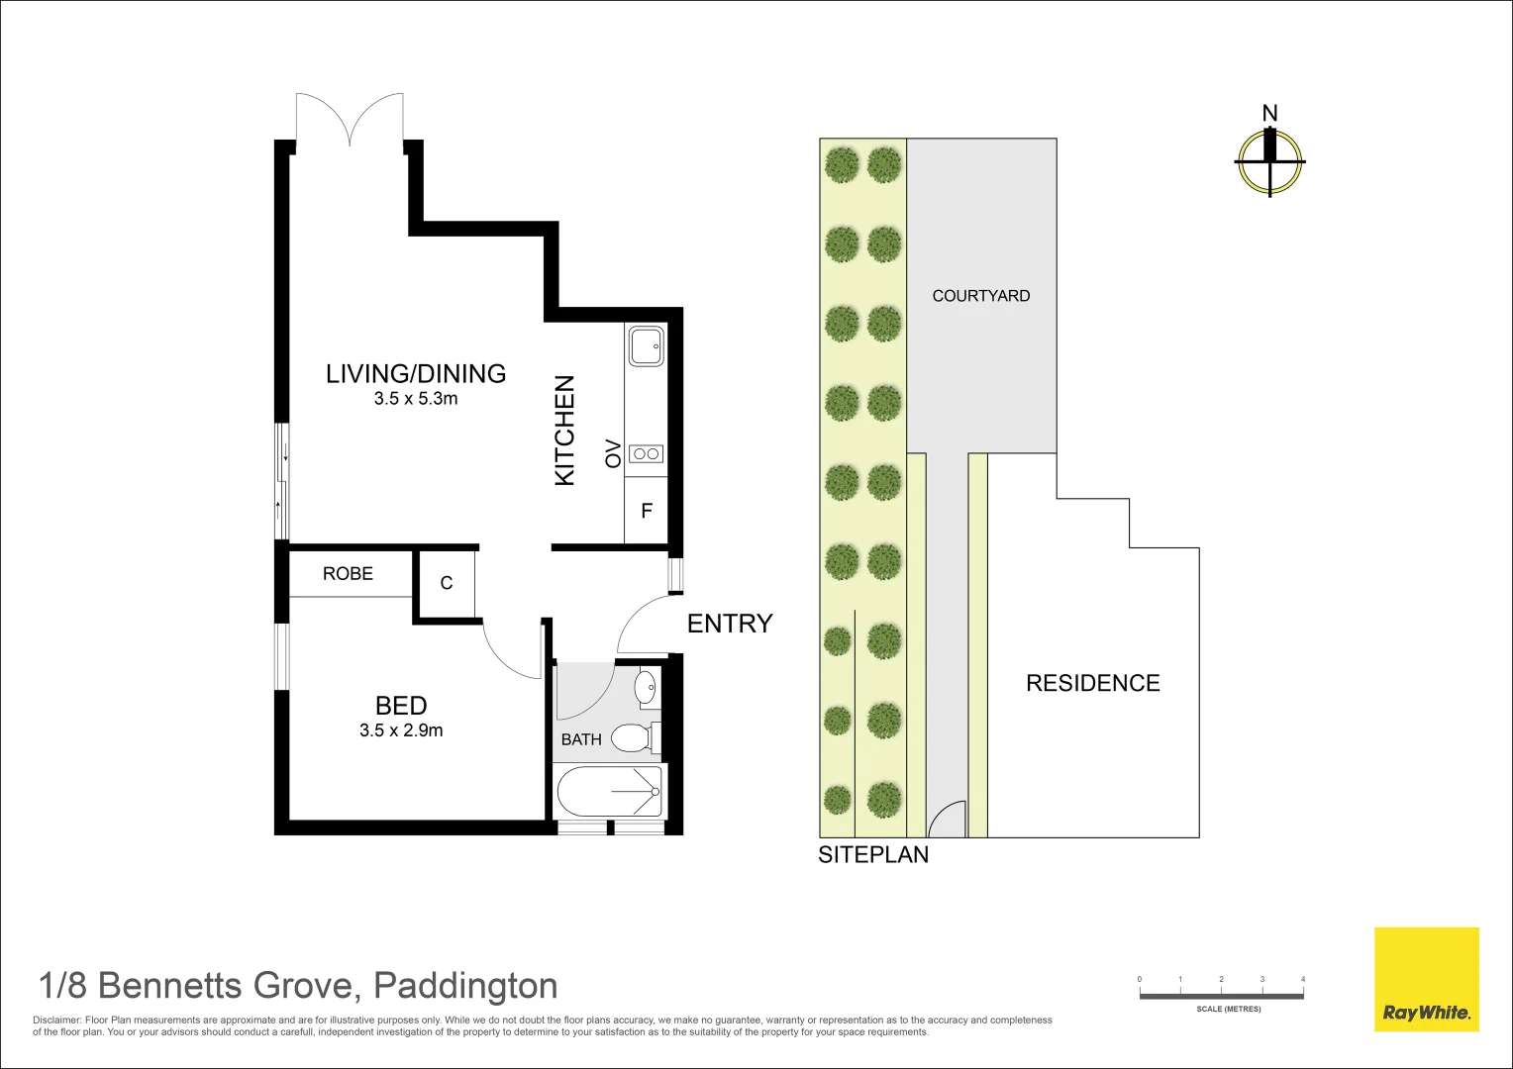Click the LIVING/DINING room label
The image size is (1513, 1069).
416,373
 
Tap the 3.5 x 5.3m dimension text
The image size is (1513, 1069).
416,399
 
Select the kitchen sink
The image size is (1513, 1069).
646,345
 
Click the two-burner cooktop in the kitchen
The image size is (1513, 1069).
646,453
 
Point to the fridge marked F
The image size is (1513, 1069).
646,511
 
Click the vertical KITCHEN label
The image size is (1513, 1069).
564,431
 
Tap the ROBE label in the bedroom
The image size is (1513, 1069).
348,573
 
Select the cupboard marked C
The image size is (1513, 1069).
447,583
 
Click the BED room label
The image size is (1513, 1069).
401,706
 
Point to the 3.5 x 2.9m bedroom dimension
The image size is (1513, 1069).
401,730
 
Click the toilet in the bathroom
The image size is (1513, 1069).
635,738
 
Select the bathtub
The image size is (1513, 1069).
609,792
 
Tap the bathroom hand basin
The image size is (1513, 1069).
646,688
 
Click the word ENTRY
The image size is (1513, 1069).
730,624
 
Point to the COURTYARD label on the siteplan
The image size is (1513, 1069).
980,296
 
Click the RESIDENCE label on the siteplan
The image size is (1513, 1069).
1093,683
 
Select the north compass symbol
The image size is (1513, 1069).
1269,162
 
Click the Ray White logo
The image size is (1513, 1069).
1427,979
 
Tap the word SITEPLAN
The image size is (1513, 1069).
873,854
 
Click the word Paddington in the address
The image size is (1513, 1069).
465,986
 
